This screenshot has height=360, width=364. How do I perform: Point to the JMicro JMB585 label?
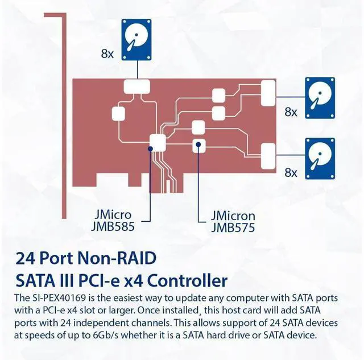113,221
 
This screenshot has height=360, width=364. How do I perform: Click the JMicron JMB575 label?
233,222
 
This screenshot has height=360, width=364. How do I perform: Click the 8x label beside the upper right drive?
291,112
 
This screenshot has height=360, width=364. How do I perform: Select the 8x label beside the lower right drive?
291,172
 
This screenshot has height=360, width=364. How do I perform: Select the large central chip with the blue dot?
156,142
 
